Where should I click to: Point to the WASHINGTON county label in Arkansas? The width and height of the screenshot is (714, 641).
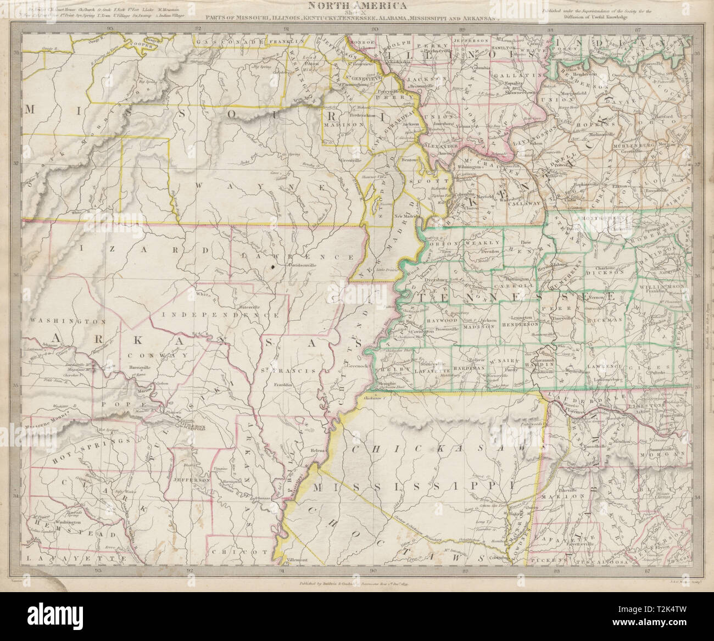coord(60,320)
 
